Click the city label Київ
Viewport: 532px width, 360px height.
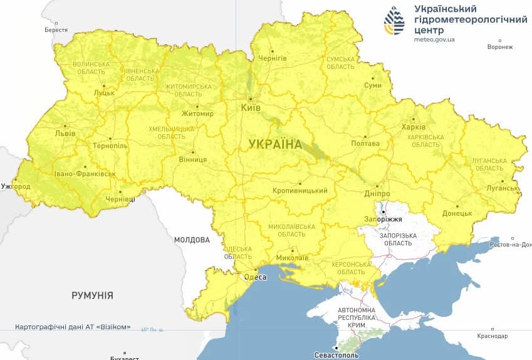pyautogui.click(x=251, y=108)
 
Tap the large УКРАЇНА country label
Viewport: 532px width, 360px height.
pyautogui.click(x=274, y=144)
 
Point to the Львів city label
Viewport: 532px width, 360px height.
pyautogui.click(x=65, y=134)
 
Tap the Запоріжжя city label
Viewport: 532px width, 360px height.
pyautogui.click(x=383, y=220)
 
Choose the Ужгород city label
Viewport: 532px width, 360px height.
pyautogui.click(x=16, y=187)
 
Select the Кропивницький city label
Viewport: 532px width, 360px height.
pyautogui.click(x=300, y=190)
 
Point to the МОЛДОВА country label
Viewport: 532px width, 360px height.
pyautogui.click(x=192, y=240)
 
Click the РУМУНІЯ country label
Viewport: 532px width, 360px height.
pyautogui.click(x=92, y=295)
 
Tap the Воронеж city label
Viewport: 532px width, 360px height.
pyautogui.click(x=499, y=47)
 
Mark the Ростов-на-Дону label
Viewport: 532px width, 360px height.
pyautogui.click(x=511, y=244)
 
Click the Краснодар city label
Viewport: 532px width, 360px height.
pyautogui.click(x=492, y=336)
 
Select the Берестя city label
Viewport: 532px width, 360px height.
pyautogui.click(x=56, y=29)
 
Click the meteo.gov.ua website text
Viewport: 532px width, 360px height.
pyautogui.click(x=434, y=40)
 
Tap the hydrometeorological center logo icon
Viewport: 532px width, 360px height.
pyautogui.click(x=394, y=22)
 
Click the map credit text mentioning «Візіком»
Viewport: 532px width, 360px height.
pyautogui.click(x=73, y=327)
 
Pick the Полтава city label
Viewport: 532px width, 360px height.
pyautogui.click(x=366, y=143)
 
